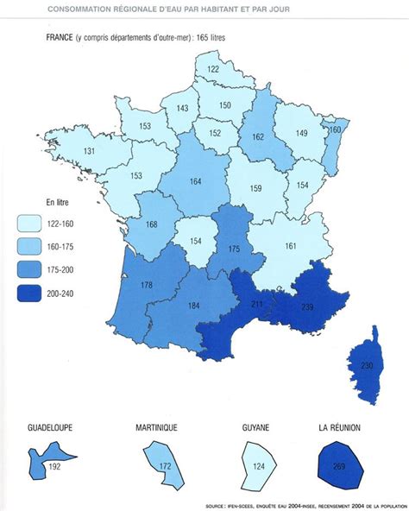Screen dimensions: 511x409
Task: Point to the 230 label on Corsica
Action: (x=367, y=366)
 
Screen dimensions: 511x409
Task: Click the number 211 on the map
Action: (x=258, y=304)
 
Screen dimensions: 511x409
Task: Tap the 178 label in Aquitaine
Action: (x=146, y=285)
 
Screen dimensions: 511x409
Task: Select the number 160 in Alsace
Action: (x=336, y=129)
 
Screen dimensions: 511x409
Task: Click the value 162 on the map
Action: (x=258, y=136)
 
